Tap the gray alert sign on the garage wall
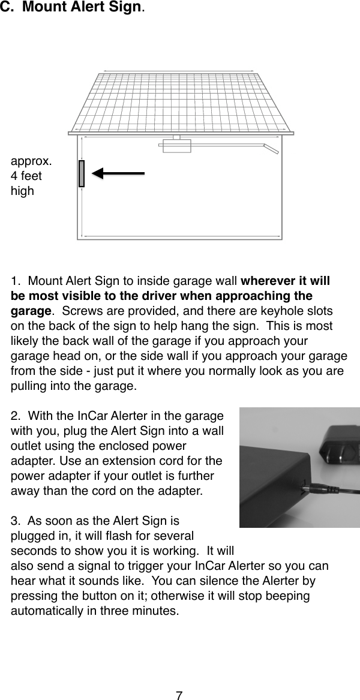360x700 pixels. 82,173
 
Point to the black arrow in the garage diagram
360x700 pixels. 119,173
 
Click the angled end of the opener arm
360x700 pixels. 272,148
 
